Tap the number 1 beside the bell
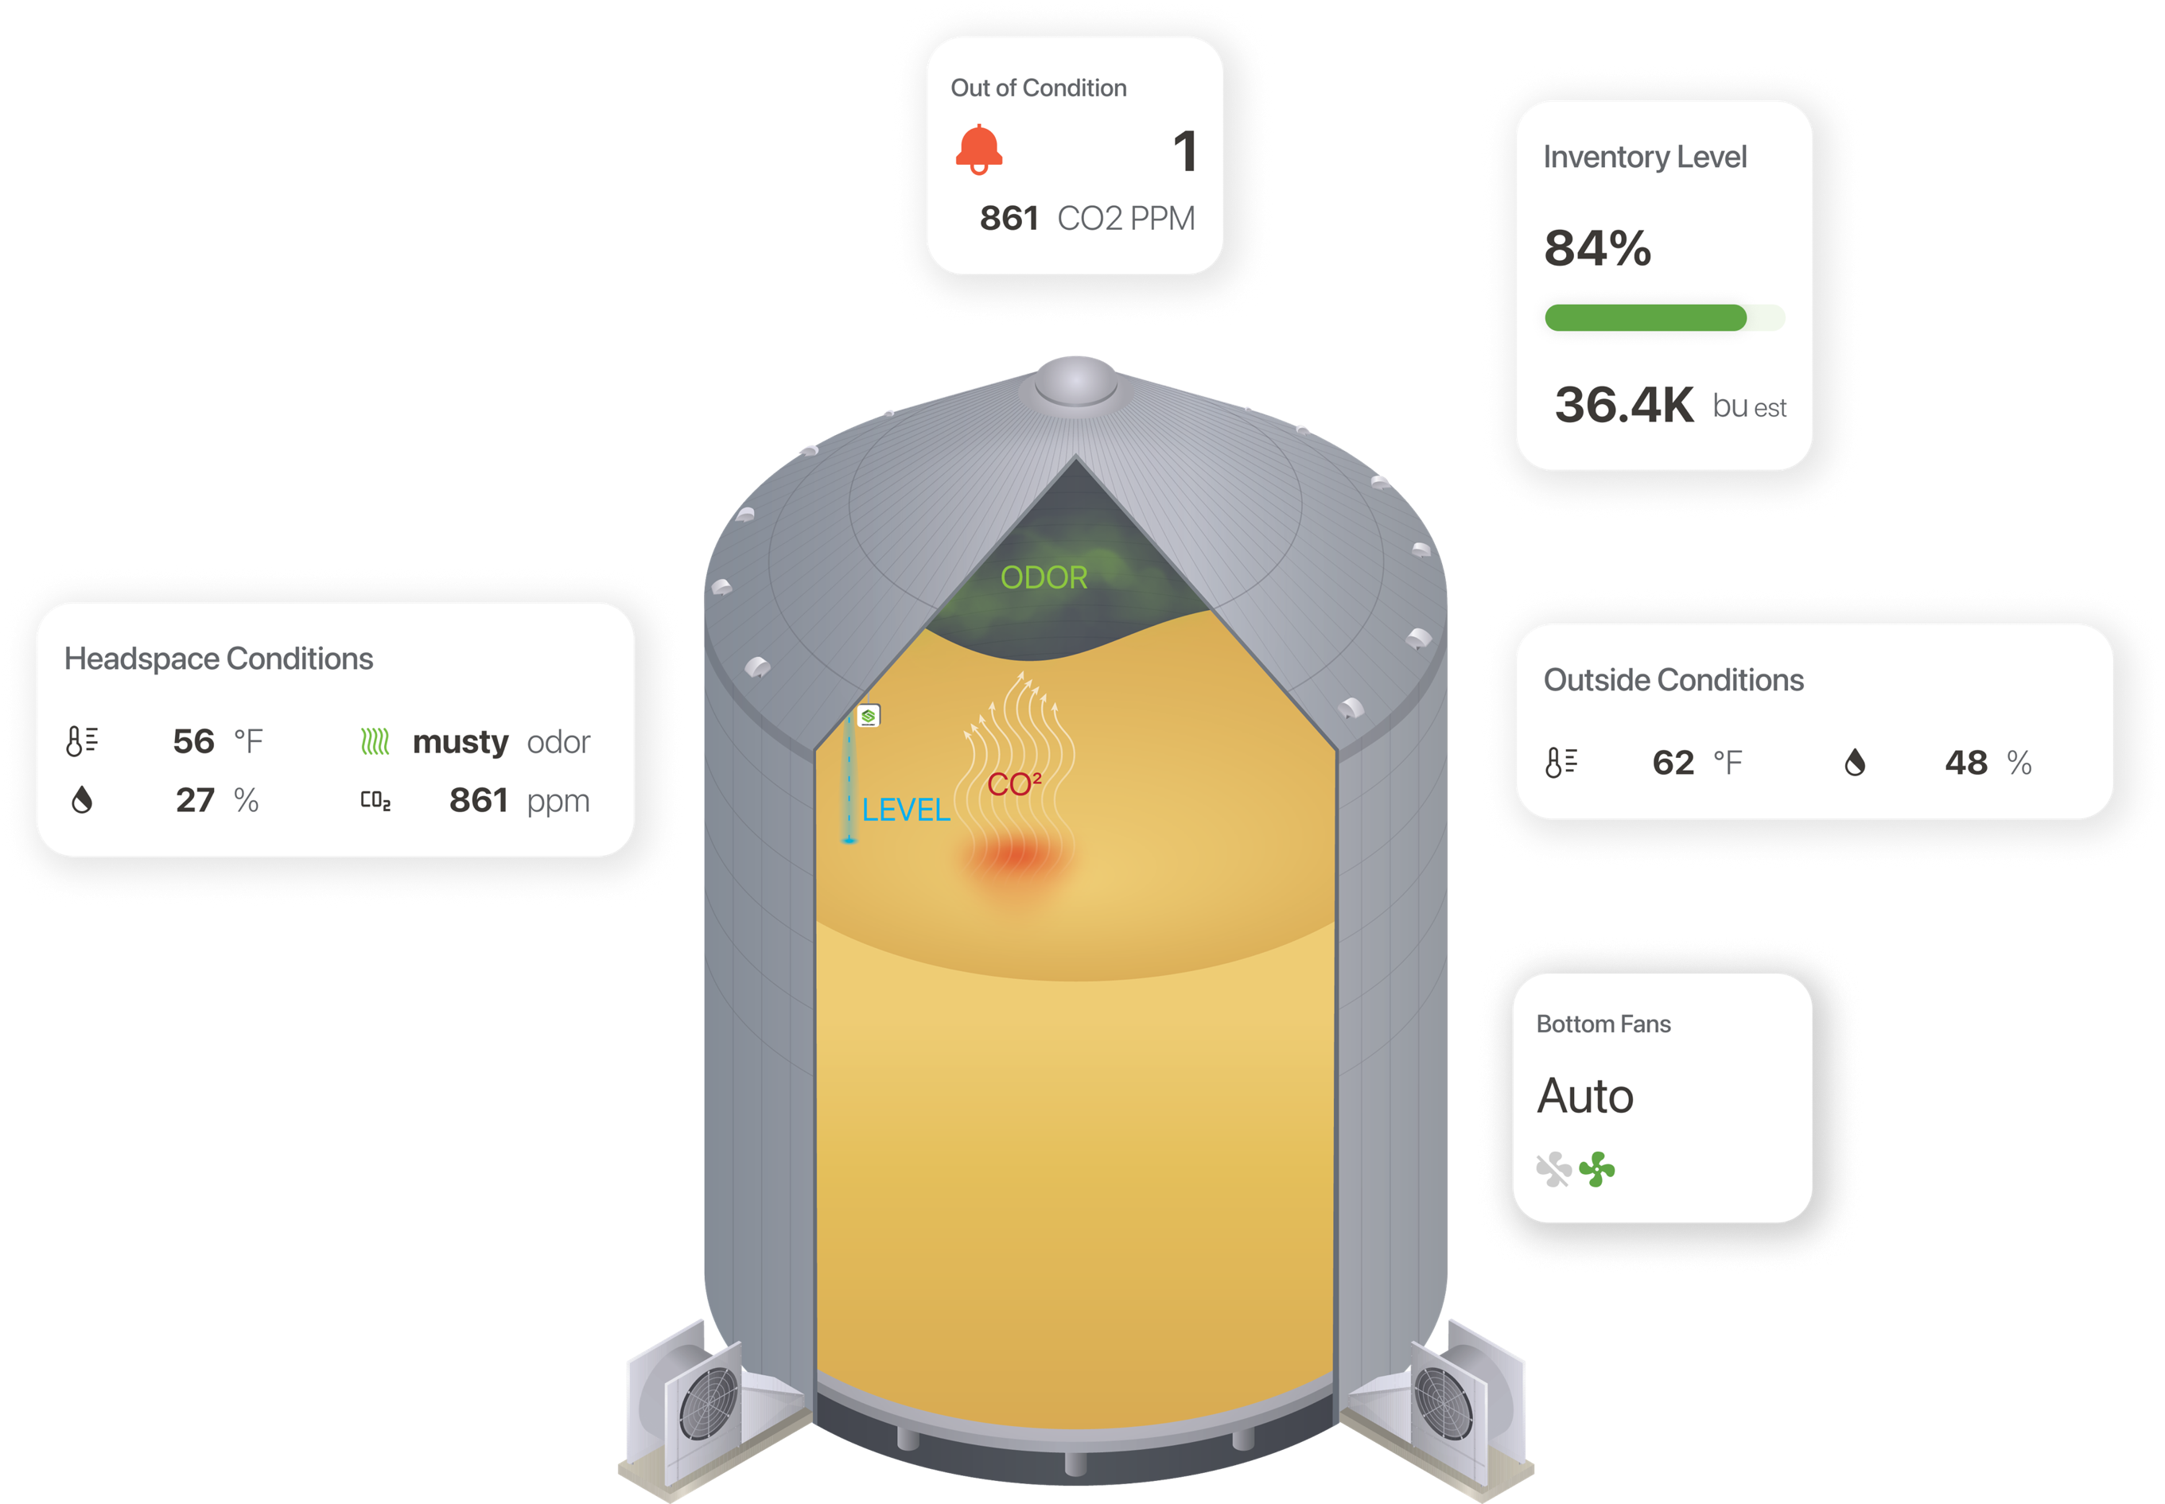[x=1185, y=152]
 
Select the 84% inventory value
[x=1597, y=249]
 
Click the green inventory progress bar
[x=1645, y=317]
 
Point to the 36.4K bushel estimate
[x=1623, y=405]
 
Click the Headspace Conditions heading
[x=219, y=659]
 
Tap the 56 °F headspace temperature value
[x=195, y=741]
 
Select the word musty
[x=460, y=743]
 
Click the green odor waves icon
[x=375, y=743]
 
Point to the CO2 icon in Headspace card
[x=375, y=801]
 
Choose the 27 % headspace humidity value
[x=196, y=801]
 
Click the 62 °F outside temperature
[x=1674, y=763]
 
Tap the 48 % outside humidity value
[x=1966, y=763]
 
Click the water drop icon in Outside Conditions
[x=1854, y=763]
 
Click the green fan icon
[x=1597, y=1169]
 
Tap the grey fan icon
[x=1553, y=1169]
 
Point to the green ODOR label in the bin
[x=1044, y=577]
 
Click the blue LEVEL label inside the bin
[x=905, y=810]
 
